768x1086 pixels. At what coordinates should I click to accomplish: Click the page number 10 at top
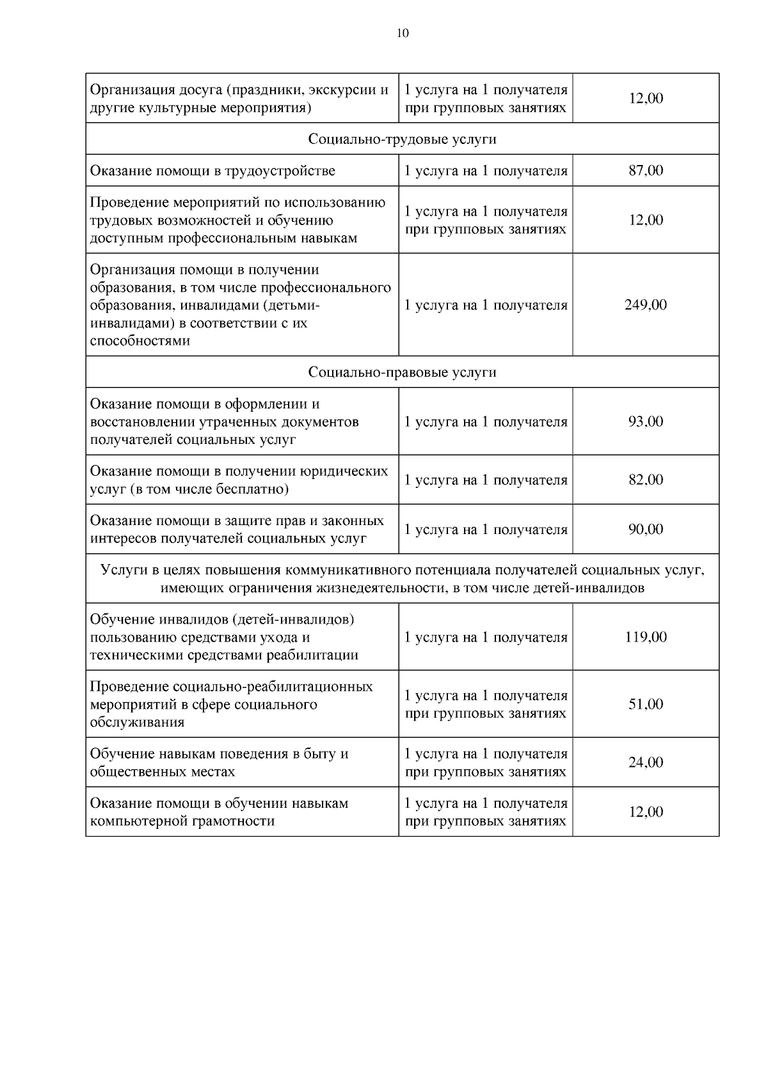coord(403,34)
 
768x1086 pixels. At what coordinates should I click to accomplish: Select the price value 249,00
coord(646,305)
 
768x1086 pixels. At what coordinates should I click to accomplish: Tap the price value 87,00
coord(646,171)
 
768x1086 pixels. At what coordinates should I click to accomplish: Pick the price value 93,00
coord(646,421)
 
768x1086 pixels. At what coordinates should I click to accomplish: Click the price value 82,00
coord(646,480)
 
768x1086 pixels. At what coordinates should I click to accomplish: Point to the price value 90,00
coord(646,530)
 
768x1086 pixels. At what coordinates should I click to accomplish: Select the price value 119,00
coord(646,637)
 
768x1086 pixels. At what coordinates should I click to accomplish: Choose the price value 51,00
coord(646,704)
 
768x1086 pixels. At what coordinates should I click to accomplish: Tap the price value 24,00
coord(646,762)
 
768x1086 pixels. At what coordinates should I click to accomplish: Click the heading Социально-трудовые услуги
coord(403,139)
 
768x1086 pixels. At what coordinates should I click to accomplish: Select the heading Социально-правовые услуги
coord(403,372)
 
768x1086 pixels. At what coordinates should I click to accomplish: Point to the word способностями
coord(140,341)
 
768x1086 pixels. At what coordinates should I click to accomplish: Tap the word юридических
coord(342,471)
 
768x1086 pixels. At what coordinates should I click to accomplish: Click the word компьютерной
coord(138,821)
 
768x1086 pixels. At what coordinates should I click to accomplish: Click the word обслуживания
coord(137,723)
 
